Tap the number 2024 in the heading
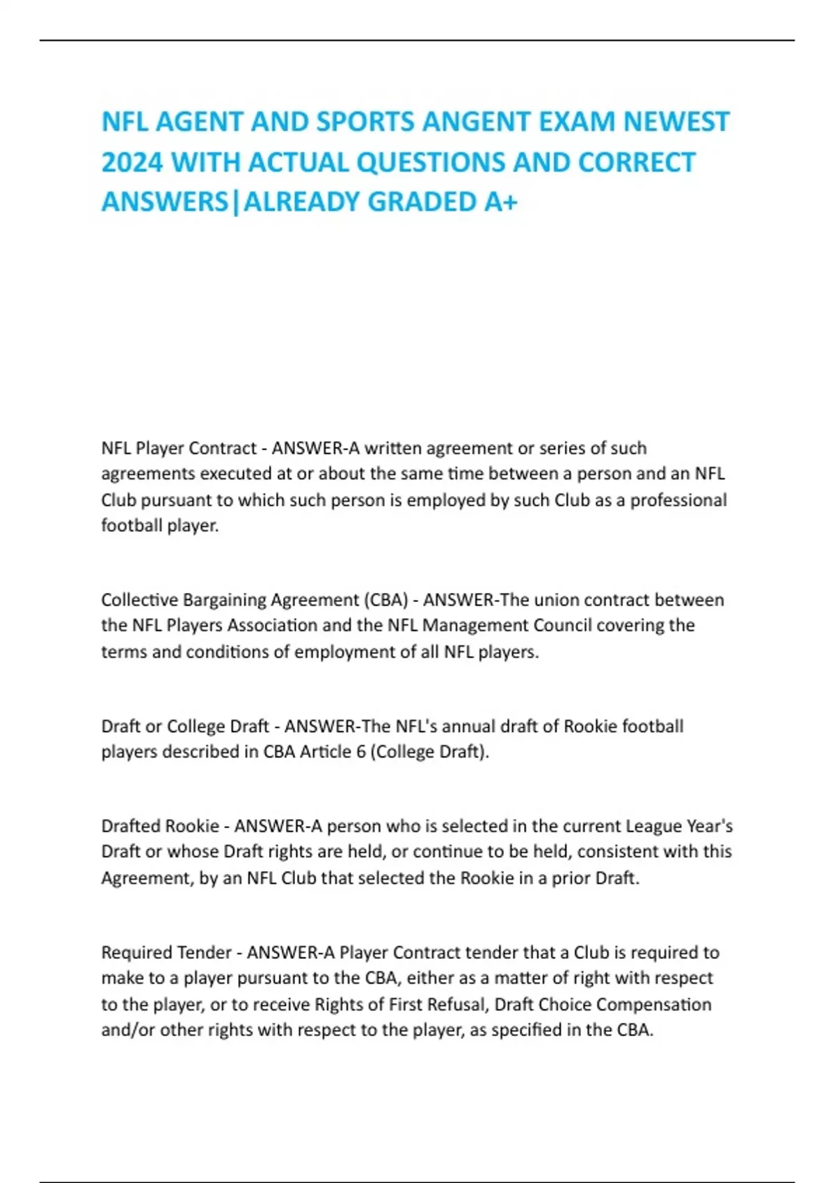coord(132,162)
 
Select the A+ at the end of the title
coord(500,202)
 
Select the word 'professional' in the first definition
coord(678,500)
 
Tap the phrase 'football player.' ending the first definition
coord(160,525)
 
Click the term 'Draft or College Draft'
coord(185,727)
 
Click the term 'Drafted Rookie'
coord(160,827)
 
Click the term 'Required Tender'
coord(166,953)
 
